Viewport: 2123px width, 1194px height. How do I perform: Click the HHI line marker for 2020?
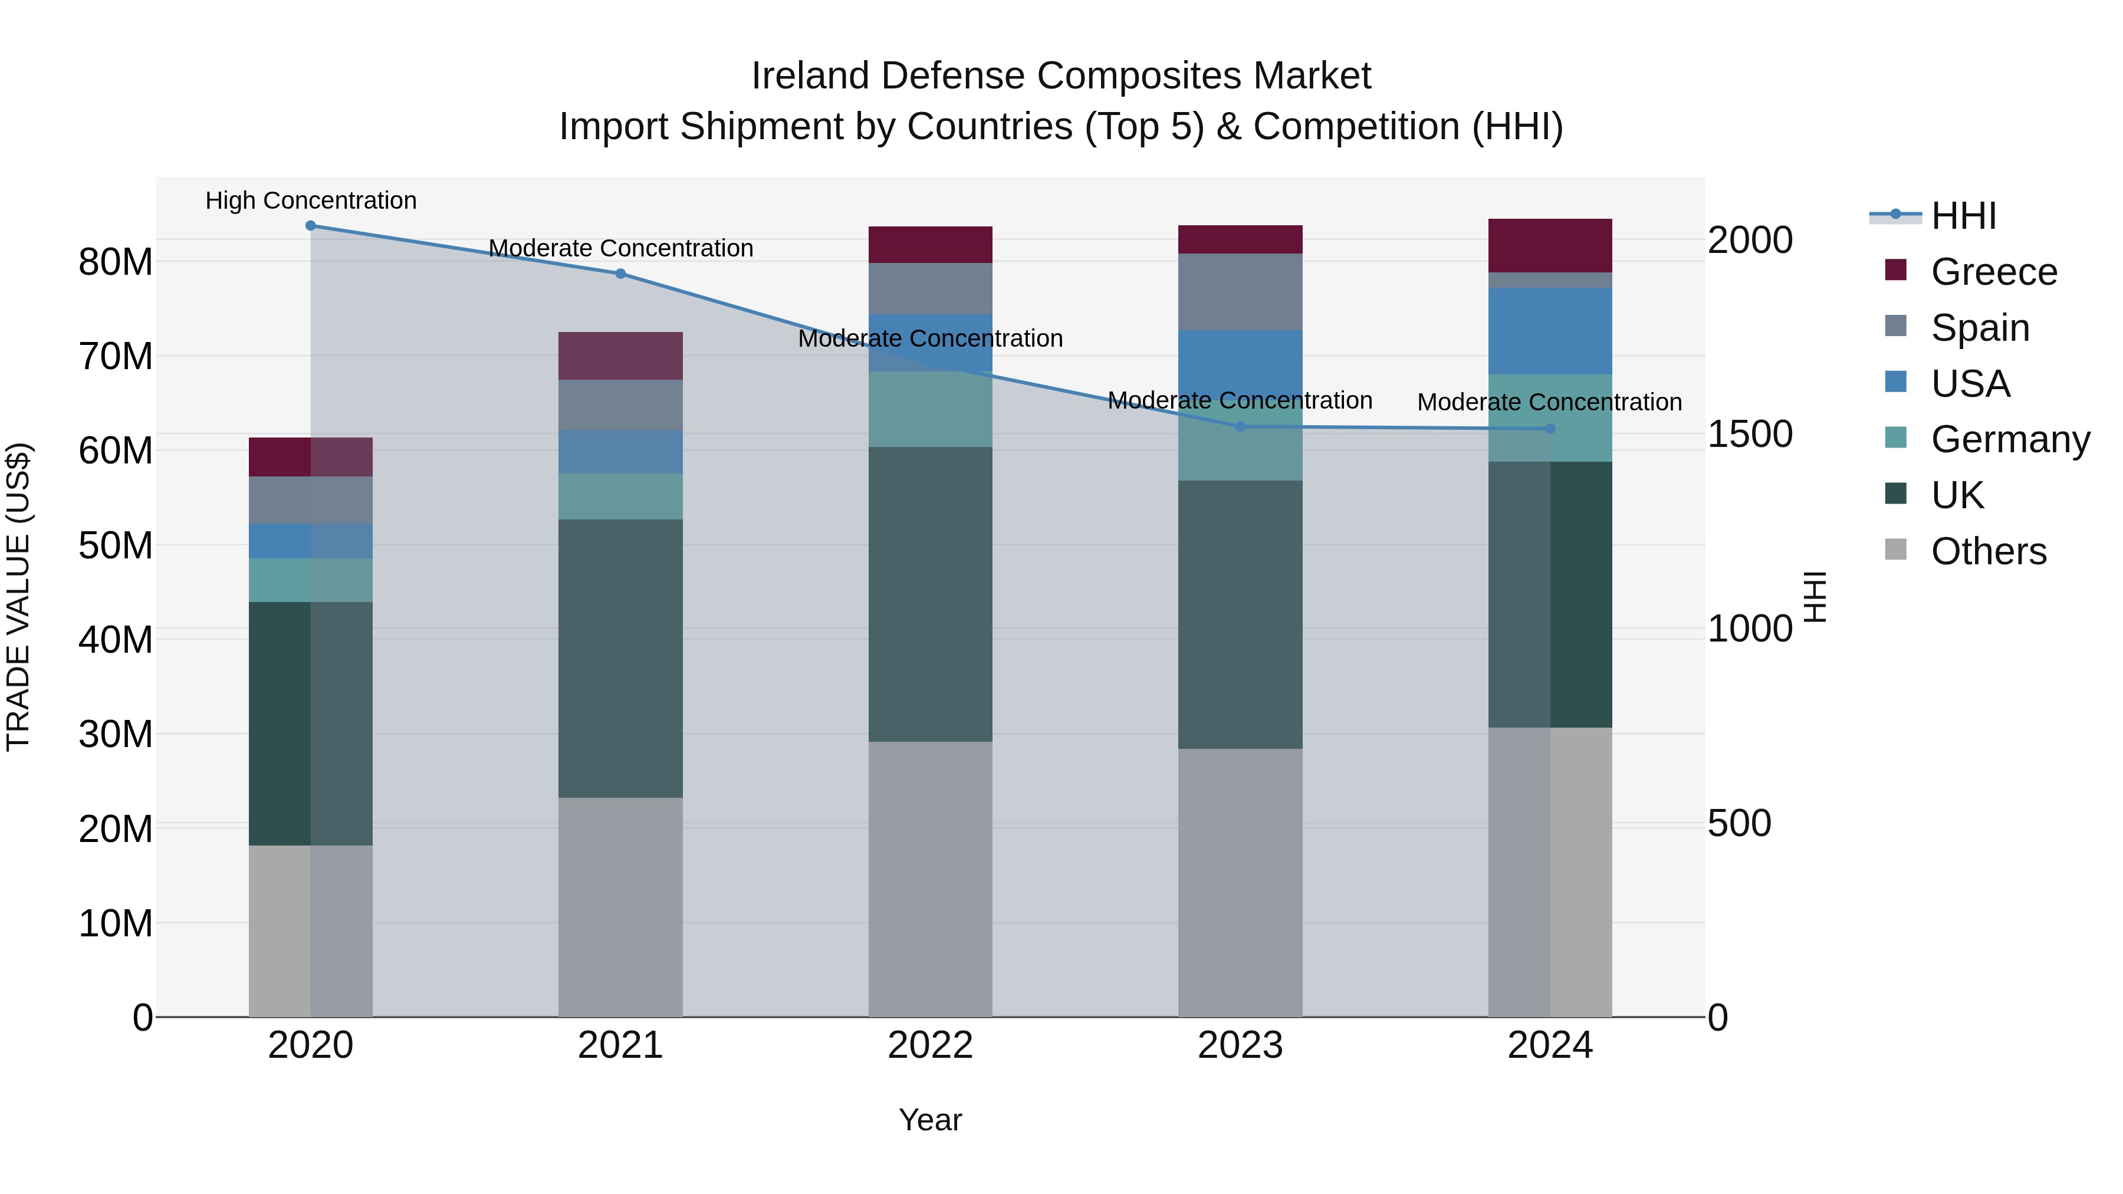click(x=311, y=226)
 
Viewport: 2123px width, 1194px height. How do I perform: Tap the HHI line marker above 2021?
click(x=620, y=274)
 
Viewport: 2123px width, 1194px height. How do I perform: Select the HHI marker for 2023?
click(x=1240, y=427)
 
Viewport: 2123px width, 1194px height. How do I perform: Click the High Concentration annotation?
click(x=311, y=200)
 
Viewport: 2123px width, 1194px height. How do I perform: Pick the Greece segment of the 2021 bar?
click(x=620, y=356)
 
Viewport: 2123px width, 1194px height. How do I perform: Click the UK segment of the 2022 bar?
click(x=931, y=594)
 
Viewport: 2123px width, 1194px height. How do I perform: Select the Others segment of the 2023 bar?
click(x=1240, y=883)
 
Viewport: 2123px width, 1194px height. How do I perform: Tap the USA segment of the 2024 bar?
click(x=1550, y=331)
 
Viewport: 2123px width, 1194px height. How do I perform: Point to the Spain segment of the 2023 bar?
click(x=1240, y=292)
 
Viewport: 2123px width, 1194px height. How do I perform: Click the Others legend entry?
click(x=1988, y=551)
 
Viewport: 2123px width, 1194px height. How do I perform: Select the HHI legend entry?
click(x=1963, y=216)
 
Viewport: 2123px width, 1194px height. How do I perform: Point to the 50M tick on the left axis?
click(x=116, y=545)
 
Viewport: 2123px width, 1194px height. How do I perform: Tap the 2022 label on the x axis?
click(x=931, y=1045)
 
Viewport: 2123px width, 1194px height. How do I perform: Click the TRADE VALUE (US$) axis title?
click(x=18, y=597)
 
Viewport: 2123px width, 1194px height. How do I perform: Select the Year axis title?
click(x=931, y=1120)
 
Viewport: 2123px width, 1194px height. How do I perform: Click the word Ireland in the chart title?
click(x=809, y=76)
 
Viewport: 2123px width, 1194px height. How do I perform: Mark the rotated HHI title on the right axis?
click(x=1815, y=597)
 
